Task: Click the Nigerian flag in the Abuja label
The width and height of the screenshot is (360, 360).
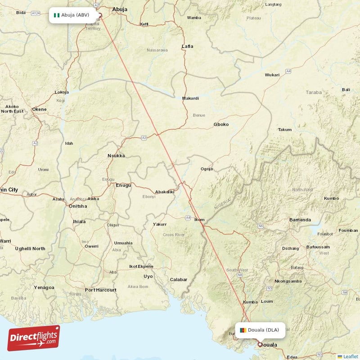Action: point(57,15)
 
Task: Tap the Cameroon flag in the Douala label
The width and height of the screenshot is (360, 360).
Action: point(243,330)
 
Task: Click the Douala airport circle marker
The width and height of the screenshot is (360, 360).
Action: point(260,344)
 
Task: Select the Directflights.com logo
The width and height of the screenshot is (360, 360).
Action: point(33,338)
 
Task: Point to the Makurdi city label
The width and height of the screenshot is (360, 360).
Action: point(190,98)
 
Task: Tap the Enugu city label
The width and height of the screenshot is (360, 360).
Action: point(123,185)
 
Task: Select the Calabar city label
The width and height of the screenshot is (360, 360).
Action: point(178,279)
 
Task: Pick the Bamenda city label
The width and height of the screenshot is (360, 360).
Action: point(300,220)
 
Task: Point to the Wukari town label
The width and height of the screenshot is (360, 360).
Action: point(272,75)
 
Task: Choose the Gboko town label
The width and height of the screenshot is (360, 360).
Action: point(221,124)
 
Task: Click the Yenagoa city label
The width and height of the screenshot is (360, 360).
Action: point(44,287)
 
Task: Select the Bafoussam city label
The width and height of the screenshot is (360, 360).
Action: point(318,247)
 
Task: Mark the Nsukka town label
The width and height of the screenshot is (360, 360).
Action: point(116,156)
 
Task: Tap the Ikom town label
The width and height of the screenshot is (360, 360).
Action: point(199,220)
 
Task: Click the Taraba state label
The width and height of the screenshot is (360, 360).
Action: point(314,92)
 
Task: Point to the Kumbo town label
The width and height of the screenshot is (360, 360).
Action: point(331,198)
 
